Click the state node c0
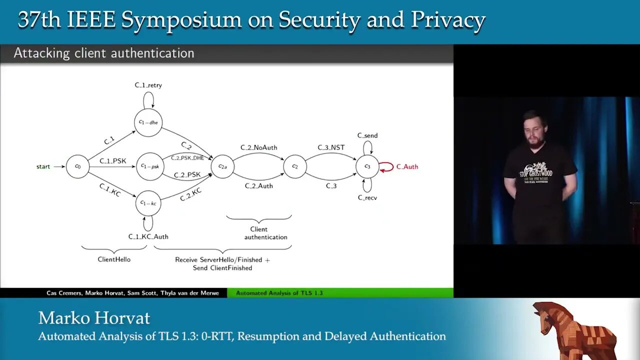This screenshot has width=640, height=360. tap(77, 166)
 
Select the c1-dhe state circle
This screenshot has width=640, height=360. tap(148, 122)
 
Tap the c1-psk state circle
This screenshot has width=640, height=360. tap(150, 166)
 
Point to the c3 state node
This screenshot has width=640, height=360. tap(367, 166)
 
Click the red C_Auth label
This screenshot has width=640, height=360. tap(407, 166)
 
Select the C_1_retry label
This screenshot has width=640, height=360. tap(148, 85)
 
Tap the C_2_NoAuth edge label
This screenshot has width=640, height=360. tap(258, 147)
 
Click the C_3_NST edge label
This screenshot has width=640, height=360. tap(331, 147)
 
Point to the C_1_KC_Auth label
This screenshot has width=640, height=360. tap(148, 236)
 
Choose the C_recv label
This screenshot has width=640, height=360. tap(367, 198)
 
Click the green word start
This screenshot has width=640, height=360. tap(43, 166)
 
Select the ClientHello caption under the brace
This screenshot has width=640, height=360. tap(114, 259)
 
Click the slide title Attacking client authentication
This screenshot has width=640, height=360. tap(104, 53)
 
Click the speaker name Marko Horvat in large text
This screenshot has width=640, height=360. tap(94, 318)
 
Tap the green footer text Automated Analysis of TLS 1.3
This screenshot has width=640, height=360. tap(279, 293)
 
